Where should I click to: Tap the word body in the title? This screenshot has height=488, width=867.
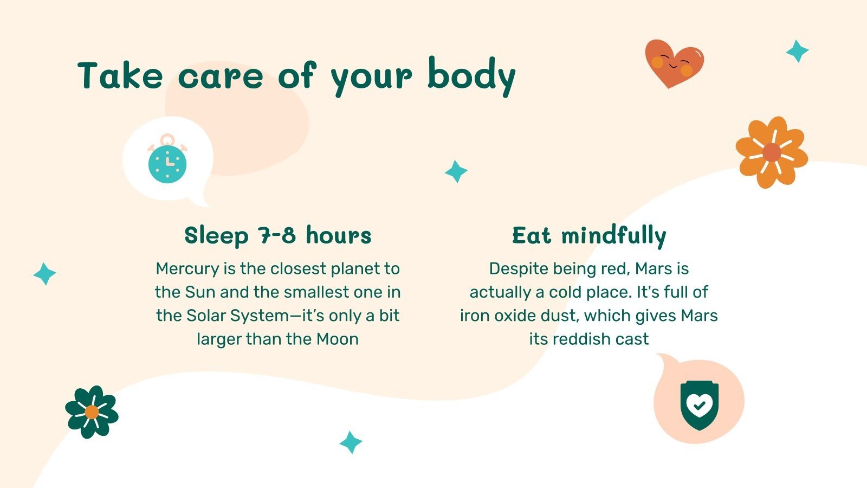point(471,76)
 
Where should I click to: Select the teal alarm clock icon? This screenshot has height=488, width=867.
point(167,162)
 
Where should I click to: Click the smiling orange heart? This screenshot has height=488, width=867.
point(674,62)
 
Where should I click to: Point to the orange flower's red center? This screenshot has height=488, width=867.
point(772,153)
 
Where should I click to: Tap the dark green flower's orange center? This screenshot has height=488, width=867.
point(92,412)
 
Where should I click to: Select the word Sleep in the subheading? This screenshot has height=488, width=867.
point(216,236)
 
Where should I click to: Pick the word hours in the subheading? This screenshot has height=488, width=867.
point(339,236)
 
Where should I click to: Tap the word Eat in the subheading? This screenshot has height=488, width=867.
point(532,236)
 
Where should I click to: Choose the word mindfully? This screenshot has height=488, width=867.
point(613,236)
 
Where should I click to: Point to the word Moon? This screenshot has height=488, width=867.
point(338,339)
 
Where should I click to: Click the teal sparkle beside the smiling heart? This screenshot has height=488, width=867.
point(797,52)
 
